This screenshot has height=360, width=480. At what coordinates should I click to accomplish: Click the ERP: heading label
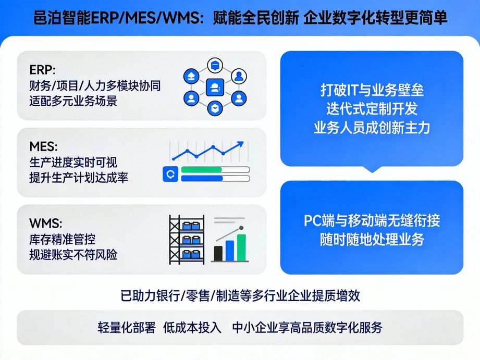(42, 69)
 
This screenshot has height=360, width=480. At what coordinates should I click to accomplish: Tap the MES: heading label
(44, 147)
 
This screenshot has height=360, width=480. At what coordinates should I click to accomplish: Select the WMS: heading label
(46, 224)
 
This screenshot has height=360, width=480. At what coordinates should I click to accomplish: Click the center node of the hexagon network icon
(215, 88)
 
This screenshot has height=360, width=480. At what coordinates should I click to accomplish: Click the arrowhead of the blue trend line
(240, 144)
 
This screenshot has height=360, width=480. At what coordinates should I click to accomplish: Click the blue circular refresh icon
(171, 174)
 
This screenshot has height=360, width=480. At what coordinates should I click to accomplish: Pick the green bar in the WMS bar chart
(241, 247)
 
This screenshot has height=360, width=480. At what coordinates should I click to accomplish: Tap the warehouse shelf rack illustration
(187, 239)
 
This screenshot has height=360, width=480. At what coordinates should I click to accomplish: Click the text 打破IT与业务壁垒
(372, 90)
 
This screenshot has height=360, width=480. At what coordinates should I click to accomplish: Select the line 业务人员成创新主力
(372, 128)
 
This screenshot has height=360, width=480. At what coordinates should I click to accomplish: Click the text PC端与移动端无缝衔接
(372, 220)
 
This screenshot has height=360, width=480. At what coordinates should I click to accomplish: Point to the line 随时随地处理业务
(372, 240)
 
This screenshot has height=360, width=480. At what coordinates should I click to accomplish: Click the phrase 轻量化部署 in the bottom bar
(126, 327)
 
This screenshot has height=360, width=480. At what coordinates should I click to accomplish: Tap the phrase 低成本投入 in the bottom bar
(192, 327)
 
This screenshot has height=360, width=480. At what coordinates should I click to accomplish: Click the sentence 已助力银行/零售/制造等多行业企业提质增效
(240, 296)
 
